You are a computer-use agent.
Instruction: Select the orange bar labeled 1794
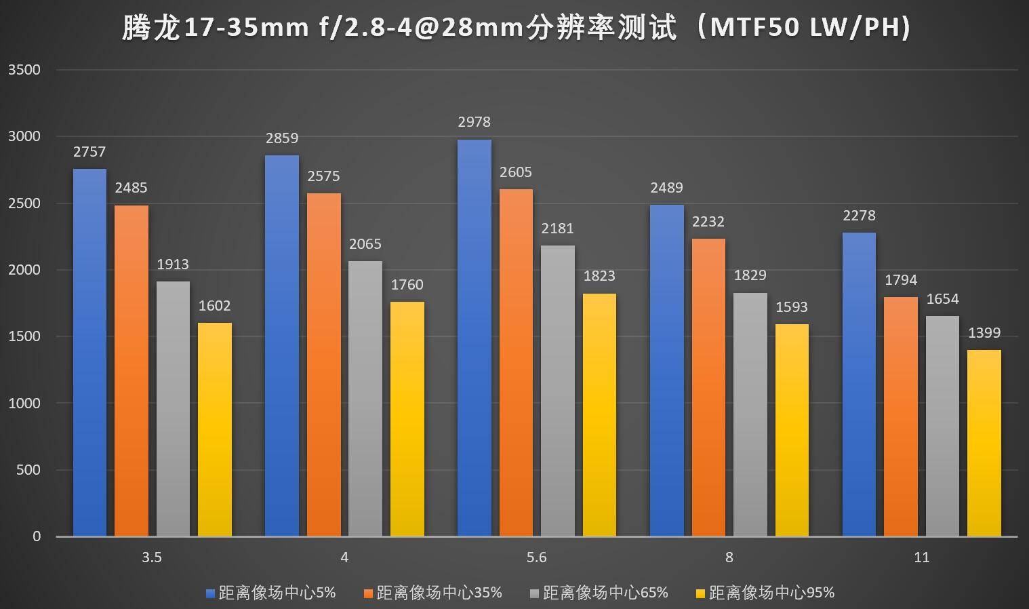[901, 416]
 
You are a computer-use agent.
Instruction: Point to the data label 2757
[89, 152]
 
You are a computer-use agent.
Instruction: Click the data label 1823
[599, 276]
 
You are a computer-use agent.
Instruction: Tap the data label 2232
[708, 222]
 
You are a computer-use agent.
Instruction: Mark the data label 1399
[984, 333]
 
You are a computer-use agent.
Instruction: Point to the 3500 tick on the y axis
[24, 70]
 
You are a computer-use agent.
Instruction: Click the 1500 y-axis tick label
[24, 336]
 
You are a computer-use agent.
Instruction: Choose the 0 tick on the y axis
[37, 536]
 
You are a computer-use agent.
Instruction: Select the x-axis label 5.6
[536, 557]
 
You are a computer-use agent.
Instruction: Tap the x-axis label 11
[921, 557]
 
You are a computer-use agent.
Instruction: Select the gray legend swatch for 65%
[535, 593]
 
